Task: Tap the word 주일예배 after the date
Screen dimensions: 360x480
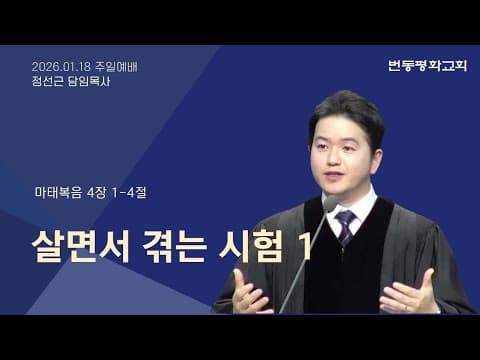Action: [x=118, y=67]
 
